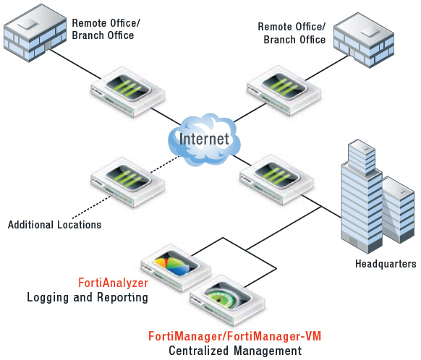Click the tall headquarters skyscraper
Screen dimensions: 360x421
(x=361, y=196)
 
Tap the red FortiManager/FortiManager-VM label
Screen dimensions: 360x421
(x=234, y=336)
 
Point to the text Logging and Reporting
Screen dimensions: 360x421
(x=88, y=297)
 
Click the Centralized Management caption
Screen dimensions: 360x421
(x=234, y=351)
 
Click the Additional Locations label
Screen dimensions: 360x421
(x=54, y=225)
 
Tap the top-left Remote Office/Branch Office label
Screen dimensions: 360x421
(x=106, y=29)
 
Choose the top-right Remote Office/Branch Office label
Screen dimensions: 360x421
(x=292, y=33)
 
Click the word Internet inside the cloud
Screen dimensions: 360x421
(x=204, y=138)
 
